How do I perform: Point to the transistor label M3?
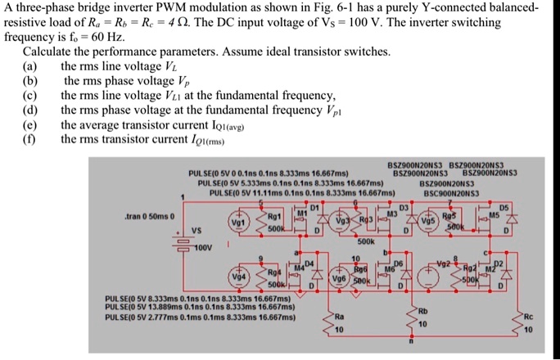tap(391, 214)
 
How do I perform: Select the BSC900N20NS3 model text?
tap(453, 194)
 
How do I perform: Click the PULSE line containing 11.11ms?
tap(302, 194)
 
